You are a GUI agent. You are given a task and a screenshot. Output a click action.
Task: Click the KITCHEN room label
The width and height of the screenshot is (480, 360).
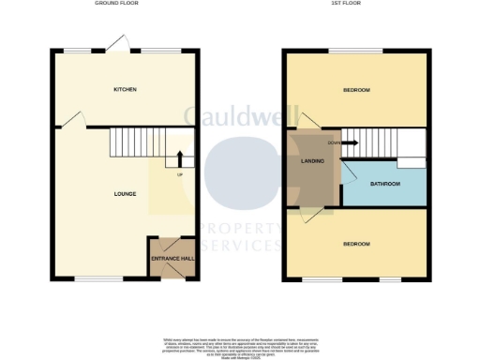point(125,90)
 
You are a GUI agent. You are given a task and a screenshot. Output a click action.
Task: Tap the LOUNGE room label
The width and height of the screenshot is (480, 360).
point(125,194)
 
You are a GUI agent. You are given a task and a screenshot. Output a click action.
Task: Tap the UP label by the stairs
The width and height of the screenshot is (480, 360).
point(180,174)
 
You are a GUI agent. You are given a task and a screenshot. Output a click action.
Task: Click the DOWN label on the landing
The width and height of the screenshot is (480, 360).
point(334,143)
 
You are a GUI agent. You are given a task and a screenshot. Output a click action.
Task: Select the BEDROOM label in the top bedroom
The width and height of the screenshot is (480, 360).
point(355,90)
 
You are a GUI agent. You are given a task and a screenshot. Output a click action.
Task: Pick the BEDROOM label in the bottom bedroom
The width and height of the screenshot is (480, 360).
point(355,245)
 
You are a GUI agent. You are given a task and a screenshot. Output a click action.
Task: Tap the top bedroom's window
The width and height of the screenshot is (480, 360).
point(355,52)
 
